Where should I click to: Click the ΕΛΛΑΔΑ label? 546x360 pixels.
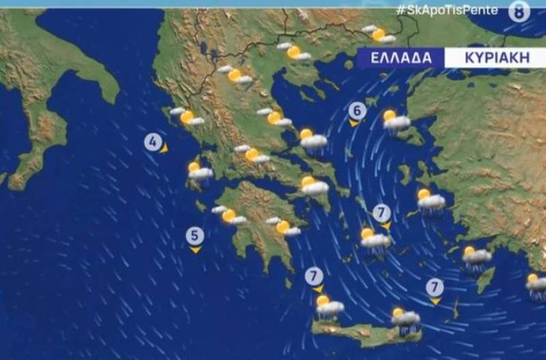[401, 57]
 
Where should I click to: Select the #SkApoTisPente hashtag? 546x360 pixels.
[446, 10]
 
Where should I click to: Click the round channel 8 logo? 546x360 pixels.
[519, 11]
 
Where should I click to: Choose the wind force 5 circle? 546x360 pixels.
[195, 236]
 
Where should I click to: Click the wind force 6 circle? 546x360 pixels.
[357, 111]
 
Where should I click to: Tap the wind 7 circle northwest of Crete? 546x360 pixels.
[314, 276]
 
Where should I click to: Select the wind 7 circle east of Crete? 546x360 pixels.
[435, 287]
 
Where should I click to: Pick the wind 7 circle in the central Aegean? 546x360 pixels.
[382, 212]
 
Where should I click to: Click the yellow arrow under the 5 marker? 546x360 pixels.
[195, 251]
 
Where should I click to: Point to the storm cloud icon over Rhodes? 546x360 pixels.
[476, 258]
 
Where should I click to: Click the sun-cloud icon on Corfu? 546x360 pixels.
[187, 117]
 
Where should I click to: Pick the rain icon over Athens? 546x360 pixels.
[313, 186]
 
